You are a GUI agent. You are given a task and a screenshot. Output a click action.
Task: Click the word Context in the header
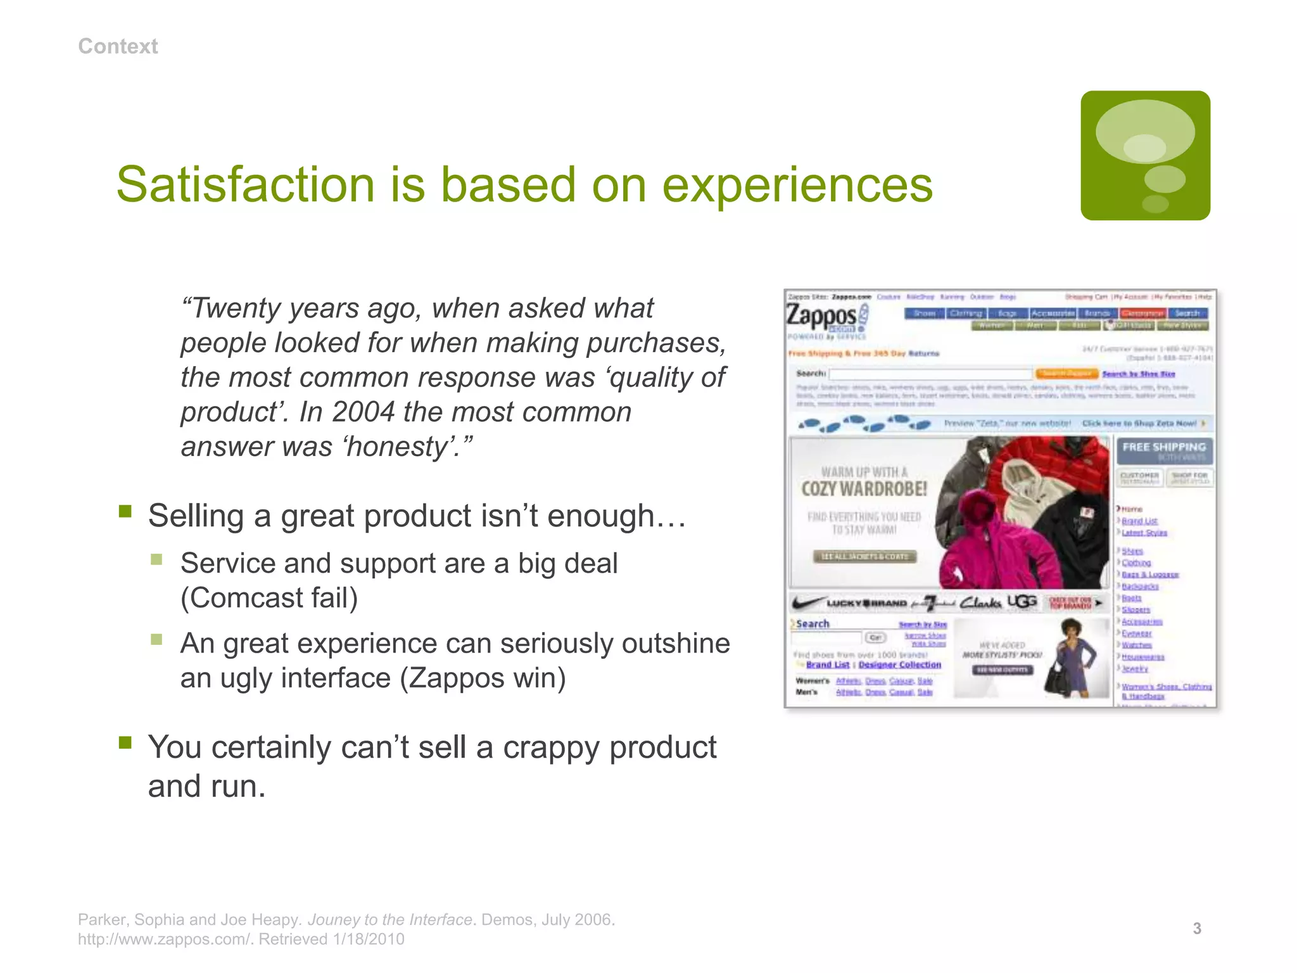click(118, 46)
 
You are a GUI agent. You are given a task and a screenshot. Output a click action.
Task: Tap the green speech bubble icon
click(1145, 155)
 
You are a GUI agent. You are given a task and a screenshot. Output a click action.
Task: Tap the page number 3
click(1196, 929)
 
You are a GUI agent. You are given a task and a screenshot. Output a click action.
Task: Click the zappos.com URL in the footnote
click(165, 939)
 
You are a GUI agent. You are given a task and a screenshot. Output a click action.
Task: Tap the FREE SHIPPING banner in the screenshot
click(1164, 447)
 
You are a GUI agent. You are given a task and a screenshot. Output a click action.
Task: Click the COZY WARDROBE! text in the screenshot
click(864, 489)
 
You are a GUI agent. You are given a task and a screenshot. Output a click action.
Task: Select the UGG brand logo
click(1022, 602)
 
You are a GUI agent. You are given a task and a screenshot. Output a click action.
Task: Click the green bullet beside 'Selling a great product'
click(125, 511)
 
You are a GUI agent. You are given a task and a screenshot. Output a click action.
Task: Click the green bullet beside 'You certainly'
click(125, 742)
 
